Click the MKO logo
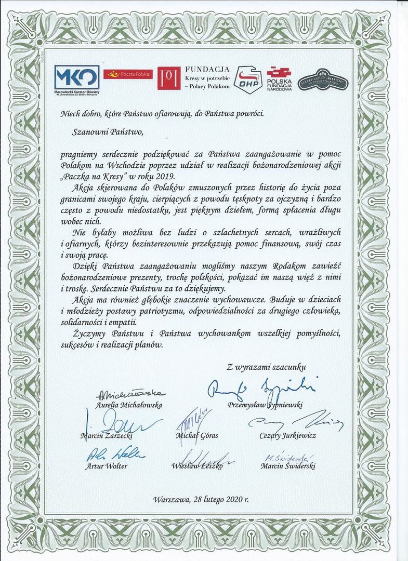coord(77,77)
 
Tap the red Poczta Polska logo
coord(127,75)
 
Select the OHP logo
coord(247,79)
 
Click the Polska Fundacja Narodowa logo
coord(279,79)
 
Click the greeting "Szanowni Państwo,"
coord(108,131)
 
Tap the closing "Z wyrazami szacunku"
coord(267,367)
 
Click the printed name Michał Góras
coord(197,435)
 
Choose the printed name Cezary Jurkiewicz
coord(287,435)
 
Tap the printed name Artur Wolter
coord(106,466)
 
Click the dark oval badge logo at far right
coord(323,81)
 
